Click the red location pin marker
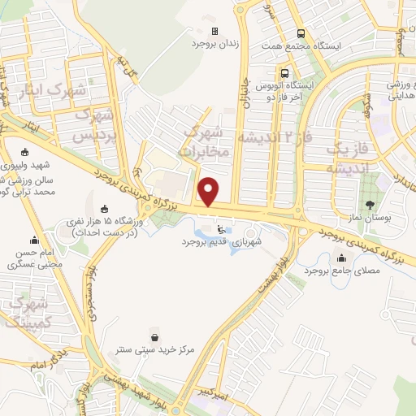(210, 192)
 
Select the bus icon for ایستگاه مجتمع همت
(301, 34)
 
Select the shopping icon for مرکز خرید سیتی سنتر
(154, 336)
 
